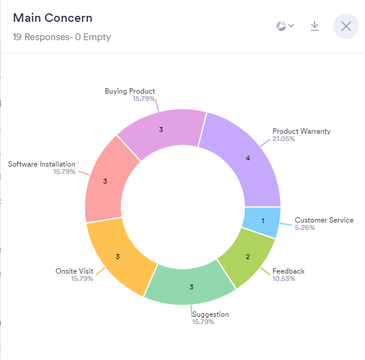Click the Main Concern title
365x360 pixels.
tap(52, 18)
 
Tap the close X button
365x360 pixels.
tap(346, 26)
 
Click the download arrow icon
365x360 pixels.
tap(315, 26)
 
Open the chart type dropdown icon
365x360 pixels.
tap(285, 26)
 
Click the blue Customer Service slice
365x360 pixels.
tap(262, 221)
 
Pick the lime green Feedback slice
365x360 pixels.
tap(246, 255)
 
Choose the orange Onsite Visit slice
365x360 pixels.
tap(117, 257)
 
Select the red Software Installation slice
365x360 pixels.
tap(106, 181)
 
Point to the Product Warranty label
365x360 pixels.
tap(301, 131)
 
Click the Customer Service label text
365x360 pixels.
tap(324, 220)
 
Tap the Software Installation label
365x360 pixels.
tap(41, 164)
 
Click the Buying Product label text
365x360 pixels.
tap(129, 91)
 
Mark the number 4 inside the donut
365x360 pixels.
tap(248, 158)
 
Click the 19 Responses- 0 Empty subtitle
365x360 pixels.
tap(61, 37)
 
